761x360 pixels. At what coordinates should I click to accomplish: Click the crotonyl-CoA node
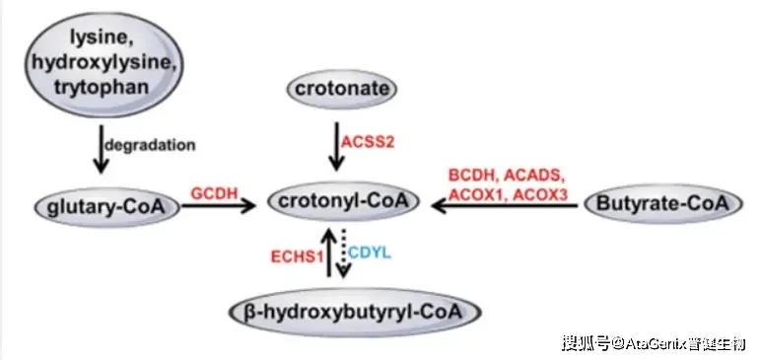click(x=342, y=202)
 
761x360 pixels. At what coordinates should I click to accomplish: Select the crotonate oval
click(x=342, y=89)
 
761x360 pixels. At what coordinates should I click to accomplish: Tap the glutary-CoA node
click(x=107, y=208)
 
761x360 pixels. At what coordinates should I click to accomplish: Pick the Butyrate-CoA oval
click(x=663, y=204)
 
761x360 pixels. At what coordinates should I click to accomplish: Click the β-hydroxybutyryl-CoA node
click(x=355, y=313)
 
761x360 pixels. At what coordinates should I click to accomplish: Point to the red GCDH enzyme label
click(x=214, y=193)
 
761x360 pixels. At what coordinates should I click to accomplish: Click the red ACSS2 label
click(x=368, y=142)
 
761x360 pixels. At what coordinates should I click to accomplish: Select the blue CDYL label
click(x=370, y=252)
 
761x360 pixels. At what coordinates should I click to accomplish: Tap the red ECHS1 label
click(x=297, y=256)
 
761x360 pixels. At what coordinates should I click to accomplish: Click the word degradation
click(x=150, y=145)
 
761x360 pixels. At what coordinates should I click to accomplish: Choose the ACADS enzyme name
click(x=536, y=175)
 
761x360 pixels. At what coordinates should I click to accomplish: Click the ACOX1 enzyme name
click(x=477, y=194)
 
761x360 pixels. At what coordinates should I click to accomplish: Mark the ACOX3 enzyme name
click(x=540, y=194)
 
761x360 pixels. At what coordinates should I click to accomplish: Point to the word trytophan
click(x=101, y=87)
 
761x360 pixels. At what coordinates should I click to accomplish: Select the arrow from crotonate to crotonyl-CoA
click(x=335, y=146)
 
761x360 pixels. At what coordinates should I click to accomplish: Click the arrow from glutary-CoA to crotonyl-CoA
click(x=219, y=206)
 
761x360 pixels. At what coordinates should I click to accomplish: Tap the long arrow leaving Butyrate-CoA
click(x=505, y=206)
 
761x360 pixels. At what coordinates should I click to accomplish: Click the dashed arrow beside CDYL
click(x=343, y=253)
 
